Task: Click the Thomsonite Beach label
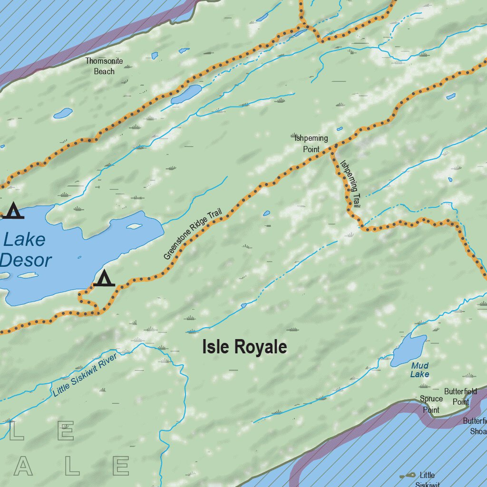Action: [104, 66]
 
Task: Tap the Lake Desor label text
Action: [26, 250]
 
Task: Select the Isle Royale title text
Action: [244, 347]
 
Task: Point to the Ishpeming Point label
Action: [311, 143]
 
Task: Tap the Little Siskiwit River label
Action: [84, 374]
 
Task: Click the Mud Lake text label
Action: [419, 370]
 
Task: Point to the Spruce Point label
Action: [431, 404]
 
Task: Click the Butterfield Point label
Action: [460, 396]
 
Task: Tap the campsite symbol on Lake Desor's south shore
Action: [104, 278]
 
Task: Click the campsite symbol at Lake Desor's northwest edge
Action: [13, 211]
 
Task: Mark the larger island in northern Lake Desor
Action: [134, 226]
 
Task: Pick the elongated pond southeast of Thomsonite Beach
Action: [186, 94]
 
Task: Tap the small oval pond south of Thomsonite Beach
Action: [63, 113]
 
